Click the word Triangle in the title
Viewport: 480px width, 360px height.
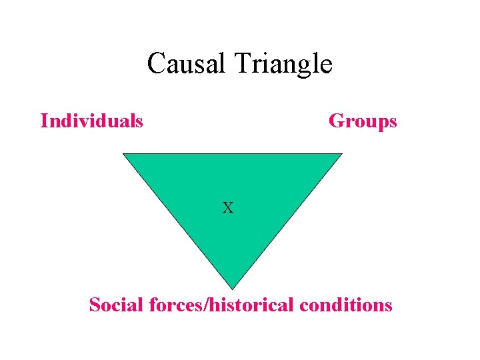(x=285, y=65)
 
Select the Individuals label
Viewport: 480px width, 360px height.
(x=91, y=121)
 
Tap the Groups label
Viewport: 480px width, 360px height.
(x=363, y=121)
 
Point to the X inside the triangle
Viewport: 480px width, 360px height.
(x=228, y=208)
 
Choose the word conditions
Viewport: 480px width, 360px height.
(x=346, y=305)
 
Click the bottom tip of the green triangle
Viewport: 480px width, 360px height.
(x=231, y=288)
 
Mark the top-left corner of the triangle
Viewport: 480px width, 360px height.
(x=123, y=154)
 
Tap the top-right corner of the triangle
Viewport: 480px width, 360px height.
(x=341, y=154)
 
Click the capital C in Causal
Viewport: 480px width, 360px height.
(x=156, y=64)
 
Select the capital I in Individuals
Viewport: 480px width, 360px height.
(x=44, y=121)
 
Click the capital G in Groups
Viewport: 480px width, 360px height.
(x=336, y=121)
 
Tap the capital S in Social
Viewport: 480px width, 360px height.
(x=94, y=305)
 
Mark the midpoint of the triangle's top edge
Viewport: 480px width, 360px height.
(x=233, y=154)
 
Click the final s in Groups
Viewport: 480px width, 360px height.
(x=393, y=123)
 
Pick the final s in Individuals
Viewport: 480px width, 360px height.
(x=139, y=123)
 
